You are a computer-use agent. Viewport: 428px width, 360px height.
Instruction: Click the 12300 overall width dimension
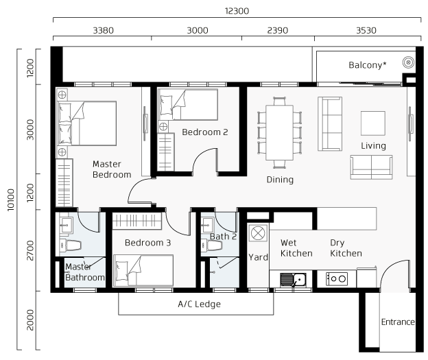[237, 11]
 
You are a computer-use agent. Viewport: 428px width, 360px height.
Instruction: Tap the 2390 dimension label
[277, 30]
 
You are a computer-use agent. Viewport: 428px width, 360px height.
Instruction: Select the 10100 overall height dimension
[10, 200]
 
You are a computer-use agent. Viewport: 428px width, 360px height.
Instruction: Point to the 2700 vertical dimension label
[30, 250]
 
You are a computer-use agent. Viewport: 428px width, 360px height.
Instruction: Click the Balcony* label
[368, 65]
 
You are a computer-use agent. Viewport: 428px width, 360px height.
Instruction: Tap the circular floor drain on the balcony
[408, 62]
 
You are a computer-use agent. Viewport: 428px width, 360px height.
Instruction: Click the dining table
[280, 132]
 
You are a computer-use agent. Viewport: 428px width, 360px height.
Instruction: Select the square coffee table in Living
[373, 123]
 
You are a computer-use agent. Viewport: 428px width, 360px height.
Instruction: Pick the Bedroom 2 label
[204, 132]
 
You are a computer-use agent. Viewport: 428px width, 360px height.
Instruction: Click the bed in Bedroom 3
[143, 270]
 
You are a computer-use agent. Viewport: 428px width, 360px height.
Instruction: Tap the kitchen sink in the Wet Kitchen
[293, 280]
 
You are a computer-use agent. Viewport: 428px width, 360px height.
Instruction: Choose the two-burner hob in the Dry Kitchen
[337, 279]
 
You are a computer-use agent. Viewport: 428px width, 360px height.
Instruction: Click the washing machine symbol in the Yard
[258, 233]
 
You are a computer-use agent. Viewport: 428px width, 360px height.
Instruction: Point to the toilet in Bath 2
[212, 245]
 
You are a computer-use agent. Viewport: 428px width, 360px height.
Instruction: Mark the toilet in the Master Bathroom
[71, 245]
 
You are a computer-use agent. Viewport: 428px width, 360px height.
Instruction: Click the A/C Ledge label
[200, 304]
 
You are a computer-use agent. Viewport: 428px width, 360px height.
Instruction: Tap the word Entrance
[398, 322]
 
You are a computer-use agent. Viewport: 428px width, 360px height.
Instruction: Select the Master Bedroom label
[112, 169]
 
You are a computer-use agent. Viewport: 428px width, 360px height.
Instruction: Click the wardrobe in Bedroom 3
[136, 221]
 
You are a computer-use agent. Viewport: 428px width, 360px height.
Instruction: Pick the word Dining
[280, 180]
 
